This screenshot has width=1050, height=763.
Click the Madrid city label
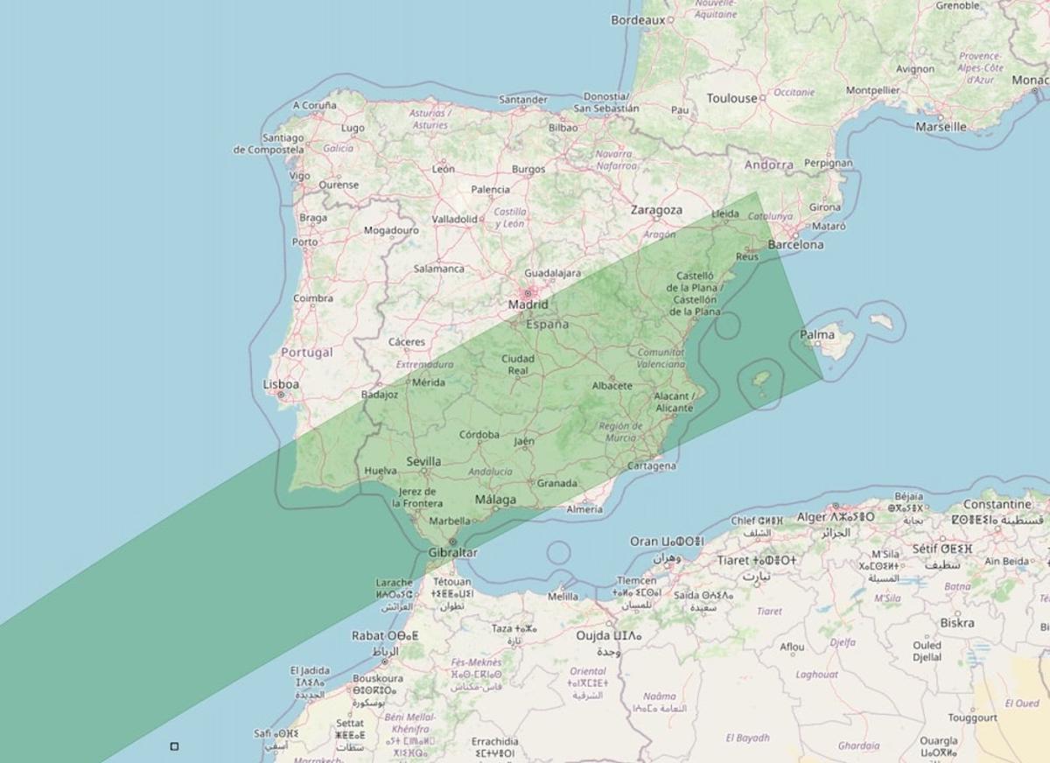click(528, 304)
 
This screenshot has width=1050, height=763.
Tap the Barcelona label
click(795, 245)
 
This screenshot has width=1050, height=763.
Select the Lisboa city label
click(281, 384)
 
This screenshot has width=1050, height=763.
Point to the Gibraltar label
click(452, 553)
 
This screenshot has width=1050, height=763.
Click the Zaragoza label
click(656, 210)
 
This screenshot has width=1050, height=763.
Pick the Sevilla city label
click(423, 461)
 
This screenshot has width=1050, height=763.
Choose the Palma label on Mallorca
click(817, 334)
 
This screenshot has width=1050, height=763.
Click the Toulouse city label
click(731, 98)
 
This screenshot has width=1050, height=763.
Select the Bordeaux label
click(638, 19)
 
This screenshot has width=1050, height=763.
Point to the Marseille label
click(941, 126)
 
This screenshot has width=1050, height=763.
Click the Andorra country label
click(769, 164)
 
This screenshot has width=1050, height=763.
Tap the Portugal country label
click(306, 353)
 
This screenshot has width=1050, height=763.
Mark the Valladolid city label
click(453, 219)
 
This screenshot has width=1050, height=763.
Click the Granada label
click(556, 483)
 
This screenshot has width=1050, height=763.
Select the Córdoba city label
click(479, 434)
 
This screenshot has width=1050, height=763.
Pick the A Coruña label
click(314, 105)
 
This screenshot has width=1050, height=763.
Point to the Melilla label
click(563, 597)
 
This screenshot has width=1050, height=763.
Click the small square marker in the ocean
click(174, 746)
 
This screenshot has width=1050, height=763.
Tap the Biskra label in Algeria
click(956, 623)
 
